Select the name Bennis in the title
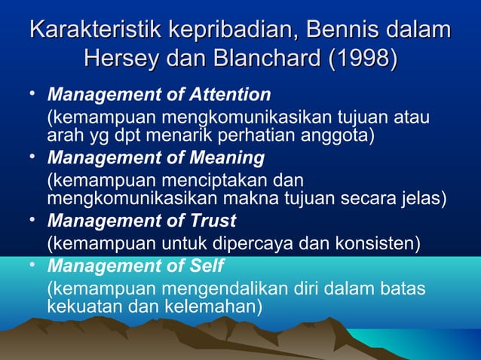coord(345,32)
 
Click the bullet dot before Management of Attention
coord(32,94)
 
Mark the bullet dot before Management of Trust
coord(32,220)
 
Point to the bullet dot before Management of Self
coord(32,266)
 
